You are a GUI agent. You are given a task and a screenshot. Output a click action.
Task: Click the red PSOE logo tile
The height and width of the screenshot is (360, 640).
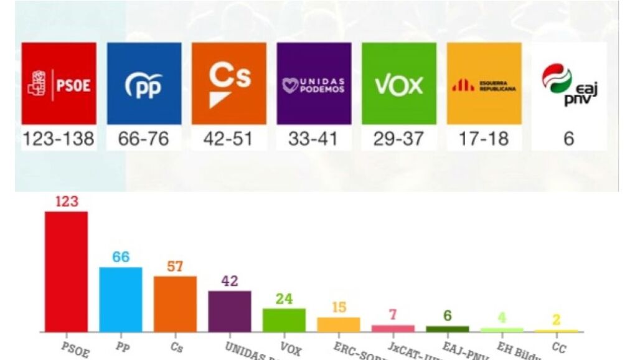pos(59,83)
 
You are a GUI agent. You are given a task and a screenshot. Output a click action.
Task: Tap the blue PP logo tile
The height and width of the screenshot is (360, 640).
pos(144,83)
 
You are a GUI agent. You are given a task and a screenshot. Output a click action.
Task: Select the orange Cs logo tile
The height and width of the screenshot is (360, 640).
pos(229,83)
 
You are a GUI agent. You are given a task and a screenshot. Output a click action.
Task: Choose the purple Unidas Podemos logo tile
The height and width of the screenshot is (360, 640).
pos(314,83)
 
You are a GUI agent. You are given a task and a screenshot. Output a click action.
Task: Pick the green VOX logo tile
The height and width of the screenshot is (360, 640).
pos(399,83)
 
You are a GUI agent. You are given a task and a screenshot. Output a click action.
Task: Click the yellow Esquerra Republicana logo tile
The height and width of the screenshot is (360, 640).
pos(484,83)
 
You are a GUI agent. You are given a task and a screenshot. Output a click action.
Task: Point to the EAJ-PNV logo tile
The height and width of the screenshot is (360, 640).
pos(568,83)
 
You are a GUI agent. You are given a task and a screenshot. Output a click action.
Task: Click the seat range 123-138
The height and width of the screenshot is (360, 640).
pos(59,139)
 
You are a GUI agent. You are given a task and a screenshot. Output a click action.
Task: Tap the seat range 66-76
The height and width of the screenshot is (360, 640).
pos(144,139)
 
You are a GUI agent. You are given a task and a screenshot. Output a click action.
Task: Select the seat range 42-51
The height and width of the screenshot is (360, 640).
pos(228,139)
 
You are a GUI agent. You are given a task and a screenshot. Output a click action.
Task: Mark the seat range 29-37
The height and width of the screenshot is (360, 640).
pos(398,139)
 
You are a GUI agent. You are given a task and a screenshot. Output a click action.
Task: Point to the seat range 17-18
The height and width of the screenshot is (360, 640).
pos(484,139)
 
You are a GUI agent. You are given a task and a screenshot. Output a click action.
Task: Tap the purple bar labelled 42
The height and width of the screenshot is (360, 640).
pos(230,311)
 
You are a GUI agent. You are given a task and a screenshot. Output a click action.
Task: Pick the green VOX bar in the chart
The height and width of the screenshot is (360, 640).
pos(284,320)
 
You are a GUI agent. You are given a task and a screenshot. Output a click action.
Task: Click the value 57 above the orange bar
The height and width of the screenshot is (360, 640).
pos(175,267)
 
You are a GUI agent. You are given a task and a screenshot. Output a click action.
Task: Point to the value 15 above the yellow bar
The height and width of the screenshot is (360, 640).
pos(339,308)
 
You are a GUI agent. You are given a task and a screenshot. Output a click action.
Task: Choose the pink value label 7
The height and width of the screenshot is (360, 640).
pos(393,315)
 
